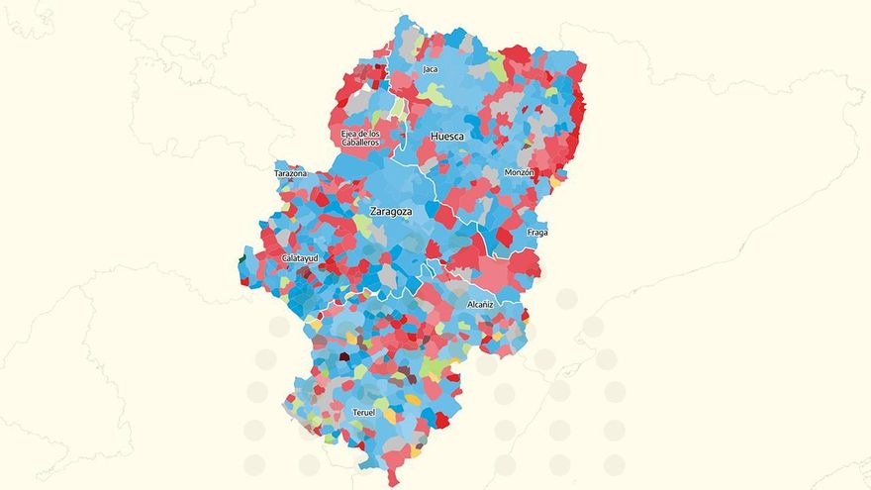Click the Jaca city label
point(430,69)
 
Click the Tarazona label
point(291,173)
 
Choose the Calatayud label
point(300,258)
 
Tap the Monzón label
point(520,172)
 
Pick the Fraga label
point(537,233)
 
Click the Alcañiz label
point(481,305)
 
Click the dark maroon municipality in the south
point(344,356)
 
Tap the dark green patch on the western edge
point(242,261)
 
